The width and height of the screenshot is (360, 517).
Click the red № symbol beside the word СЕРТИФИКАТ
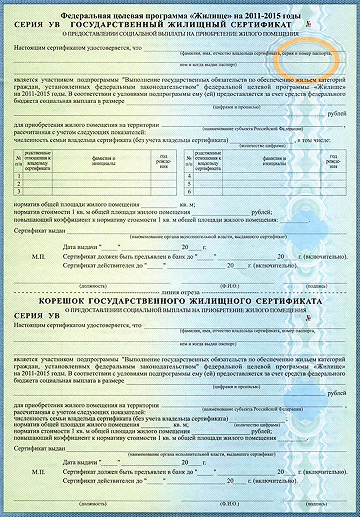308,24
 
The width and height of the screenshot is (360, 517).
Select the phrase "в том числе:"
314,140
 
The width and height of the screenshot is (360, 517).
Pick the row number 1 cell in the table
19,176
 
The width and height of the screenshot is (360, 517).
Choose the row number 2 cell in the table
19,184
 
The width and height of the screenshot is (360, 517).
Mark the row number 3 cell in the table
19,191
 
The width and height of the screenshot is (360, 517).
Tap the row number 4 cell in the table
189,176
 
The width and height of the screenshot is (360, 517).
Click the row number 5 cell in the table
189,184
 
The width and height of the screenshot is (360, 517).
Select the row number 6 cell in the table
189,192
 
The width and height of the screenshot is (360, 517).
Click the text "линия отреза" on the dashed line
180,293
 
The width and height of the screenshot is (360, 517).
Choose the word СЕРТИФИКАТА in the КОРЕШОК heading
289,301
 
